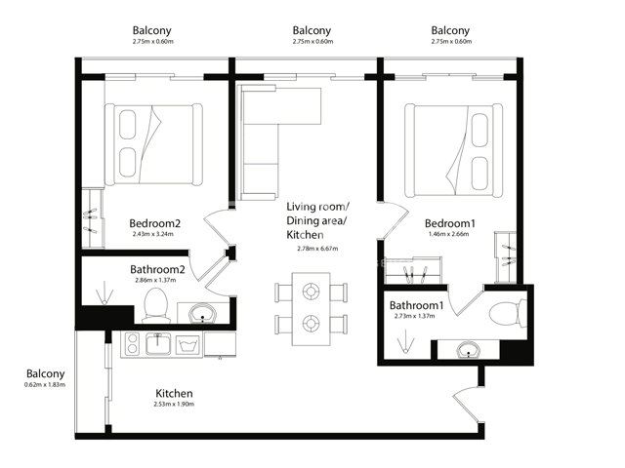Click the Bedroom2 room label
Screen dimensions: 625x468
[x=155, y=223]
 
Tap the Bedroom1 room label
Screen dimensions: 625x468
[x=450, y=223]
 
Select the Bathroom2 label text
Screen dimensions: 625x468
[x=157, y=269]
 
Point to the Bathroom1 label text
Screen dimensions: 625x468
[x=416, y=305]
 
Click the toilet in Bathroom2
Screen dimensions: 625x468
[x=156, y=305]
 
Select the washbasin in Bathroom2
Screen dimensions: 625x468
[x=203, y=314]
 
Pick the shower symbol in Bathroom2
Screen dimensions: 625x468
[x=104, y=292]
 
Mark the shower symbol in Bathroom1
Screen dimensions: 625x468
[x=406, y=341]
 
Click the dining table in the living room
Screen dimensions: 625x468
[x=311, y=309]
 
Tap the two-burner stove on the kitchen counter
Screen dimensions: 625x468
[x=133, y=344]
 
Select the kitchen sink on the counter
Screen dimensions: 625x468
[x=158, y=344]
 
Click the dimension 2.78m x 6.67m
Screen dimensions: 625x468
[x=317, y=249]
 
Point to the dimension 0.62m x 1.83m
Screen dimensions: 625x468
[x=45, y=384]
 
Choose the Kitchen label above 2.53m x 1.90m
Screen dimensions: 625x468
[x=174, y=393]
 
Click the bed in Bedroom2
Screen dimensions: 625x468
[x=153, y=144]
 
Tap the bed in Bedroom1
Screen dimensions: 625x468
[x=453, y=150]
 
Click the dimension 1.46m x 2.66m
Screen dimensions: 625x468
[x=449, y=234]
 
